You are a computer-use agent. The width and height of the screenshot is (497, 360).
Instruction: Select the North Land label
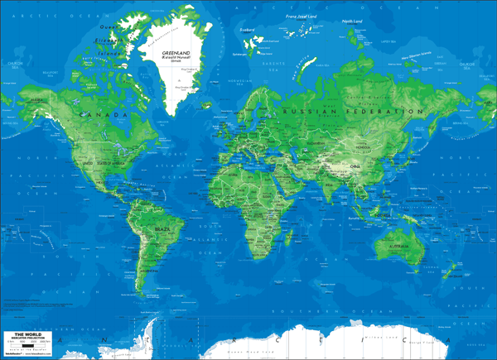[353, 22]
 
